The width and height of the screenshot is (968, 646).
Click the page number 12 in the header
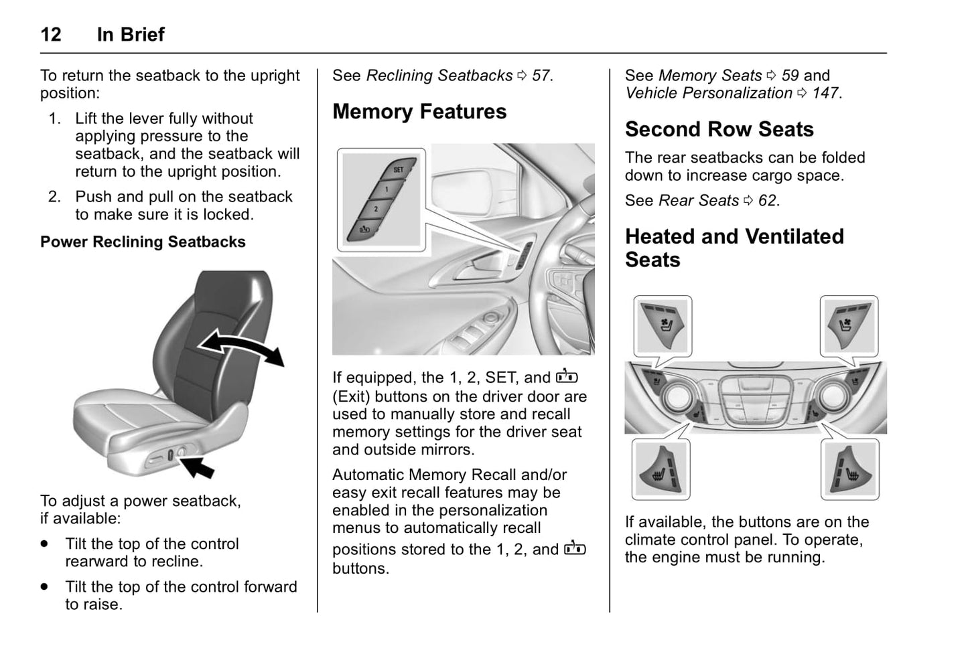coord(51,34)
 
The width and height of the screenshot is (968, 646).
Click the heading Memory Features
coord(419,112)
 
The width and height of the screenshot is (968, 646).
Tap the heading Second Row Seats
coord(719,129)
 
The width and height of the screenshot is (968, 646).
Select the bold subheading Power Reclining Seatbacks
coord(143,242)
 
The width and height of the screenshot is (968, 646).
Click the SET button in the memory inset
coord(398,170)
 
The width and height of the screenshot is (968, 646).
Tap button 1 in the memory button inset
coord(387,189)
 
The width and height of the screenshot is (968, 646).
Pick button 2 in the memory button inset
coord(376,210)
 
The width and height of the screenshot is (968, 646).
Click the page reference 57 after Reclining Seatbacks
coord(541,76)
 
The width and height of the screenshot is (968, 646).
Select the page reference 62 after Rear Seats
coord(767,201)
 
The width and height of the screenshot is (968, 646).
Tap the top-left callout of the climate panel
coord(663,325)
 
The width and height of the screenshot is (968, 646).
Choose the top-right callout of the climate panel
coord(848,325)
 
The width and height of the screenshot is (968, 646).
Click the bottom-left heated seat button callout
coord(661,470)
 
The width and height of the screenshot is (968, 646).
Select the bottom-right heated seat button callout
coord(849,470)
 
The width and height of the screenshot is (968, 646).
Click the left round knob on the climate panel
coord(679,396)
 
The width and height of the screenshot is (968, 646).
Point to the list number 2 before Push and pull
coord(54,197)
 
